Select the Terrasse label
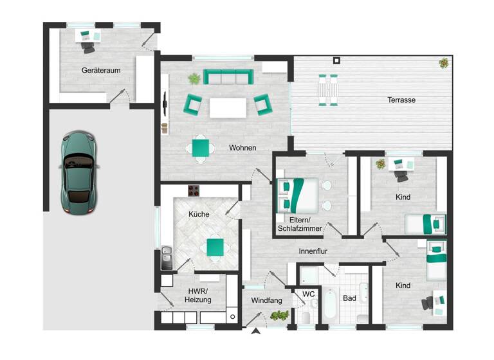(x=401, y=100)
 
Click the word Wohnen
(x=242, y=148)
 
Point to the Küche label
(x=199, y=214)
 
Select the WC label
(x=309, y=294)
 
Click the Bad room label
(x=349, y=298)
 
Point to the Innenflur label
(x=313, y=251)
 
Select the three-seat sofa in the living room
(x=226, y=77)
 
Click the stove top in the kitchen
(x=194, y=191)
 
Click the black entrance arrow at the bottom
(x=256, y=331)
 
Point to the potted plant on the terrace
(x=444, y=63)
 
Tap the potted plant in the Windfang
(x=280, y=315)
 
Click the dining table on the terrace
(x=327, y=89)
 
